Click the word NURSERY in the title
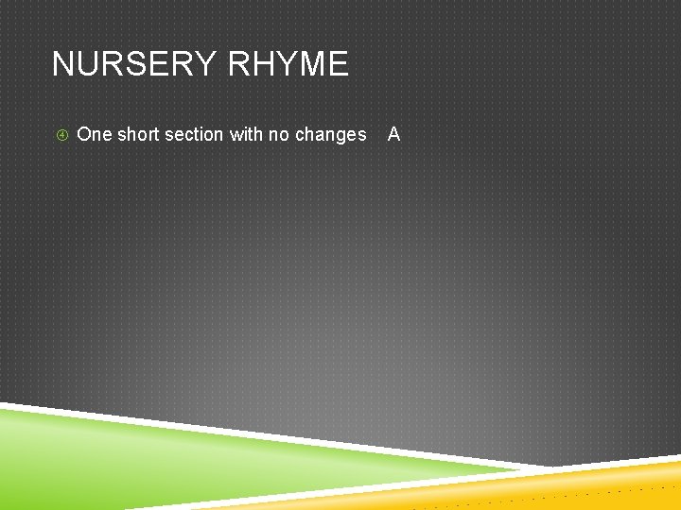tap(135, 64)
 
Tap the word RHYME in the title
tap(288, 64)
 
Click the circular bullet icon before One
tap(61, 135)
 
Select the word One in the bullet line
tap(94, 135)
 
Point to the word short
tap(138, 135)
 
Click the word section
tap(194, 135)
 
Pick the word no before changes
tap(279, 135)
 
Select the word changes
tap(330, 135)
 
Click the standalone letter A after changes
tap(394, 135)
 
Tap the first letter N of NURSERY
tap(63, 64)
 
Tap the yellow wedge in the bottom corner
tap(605, 486)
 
